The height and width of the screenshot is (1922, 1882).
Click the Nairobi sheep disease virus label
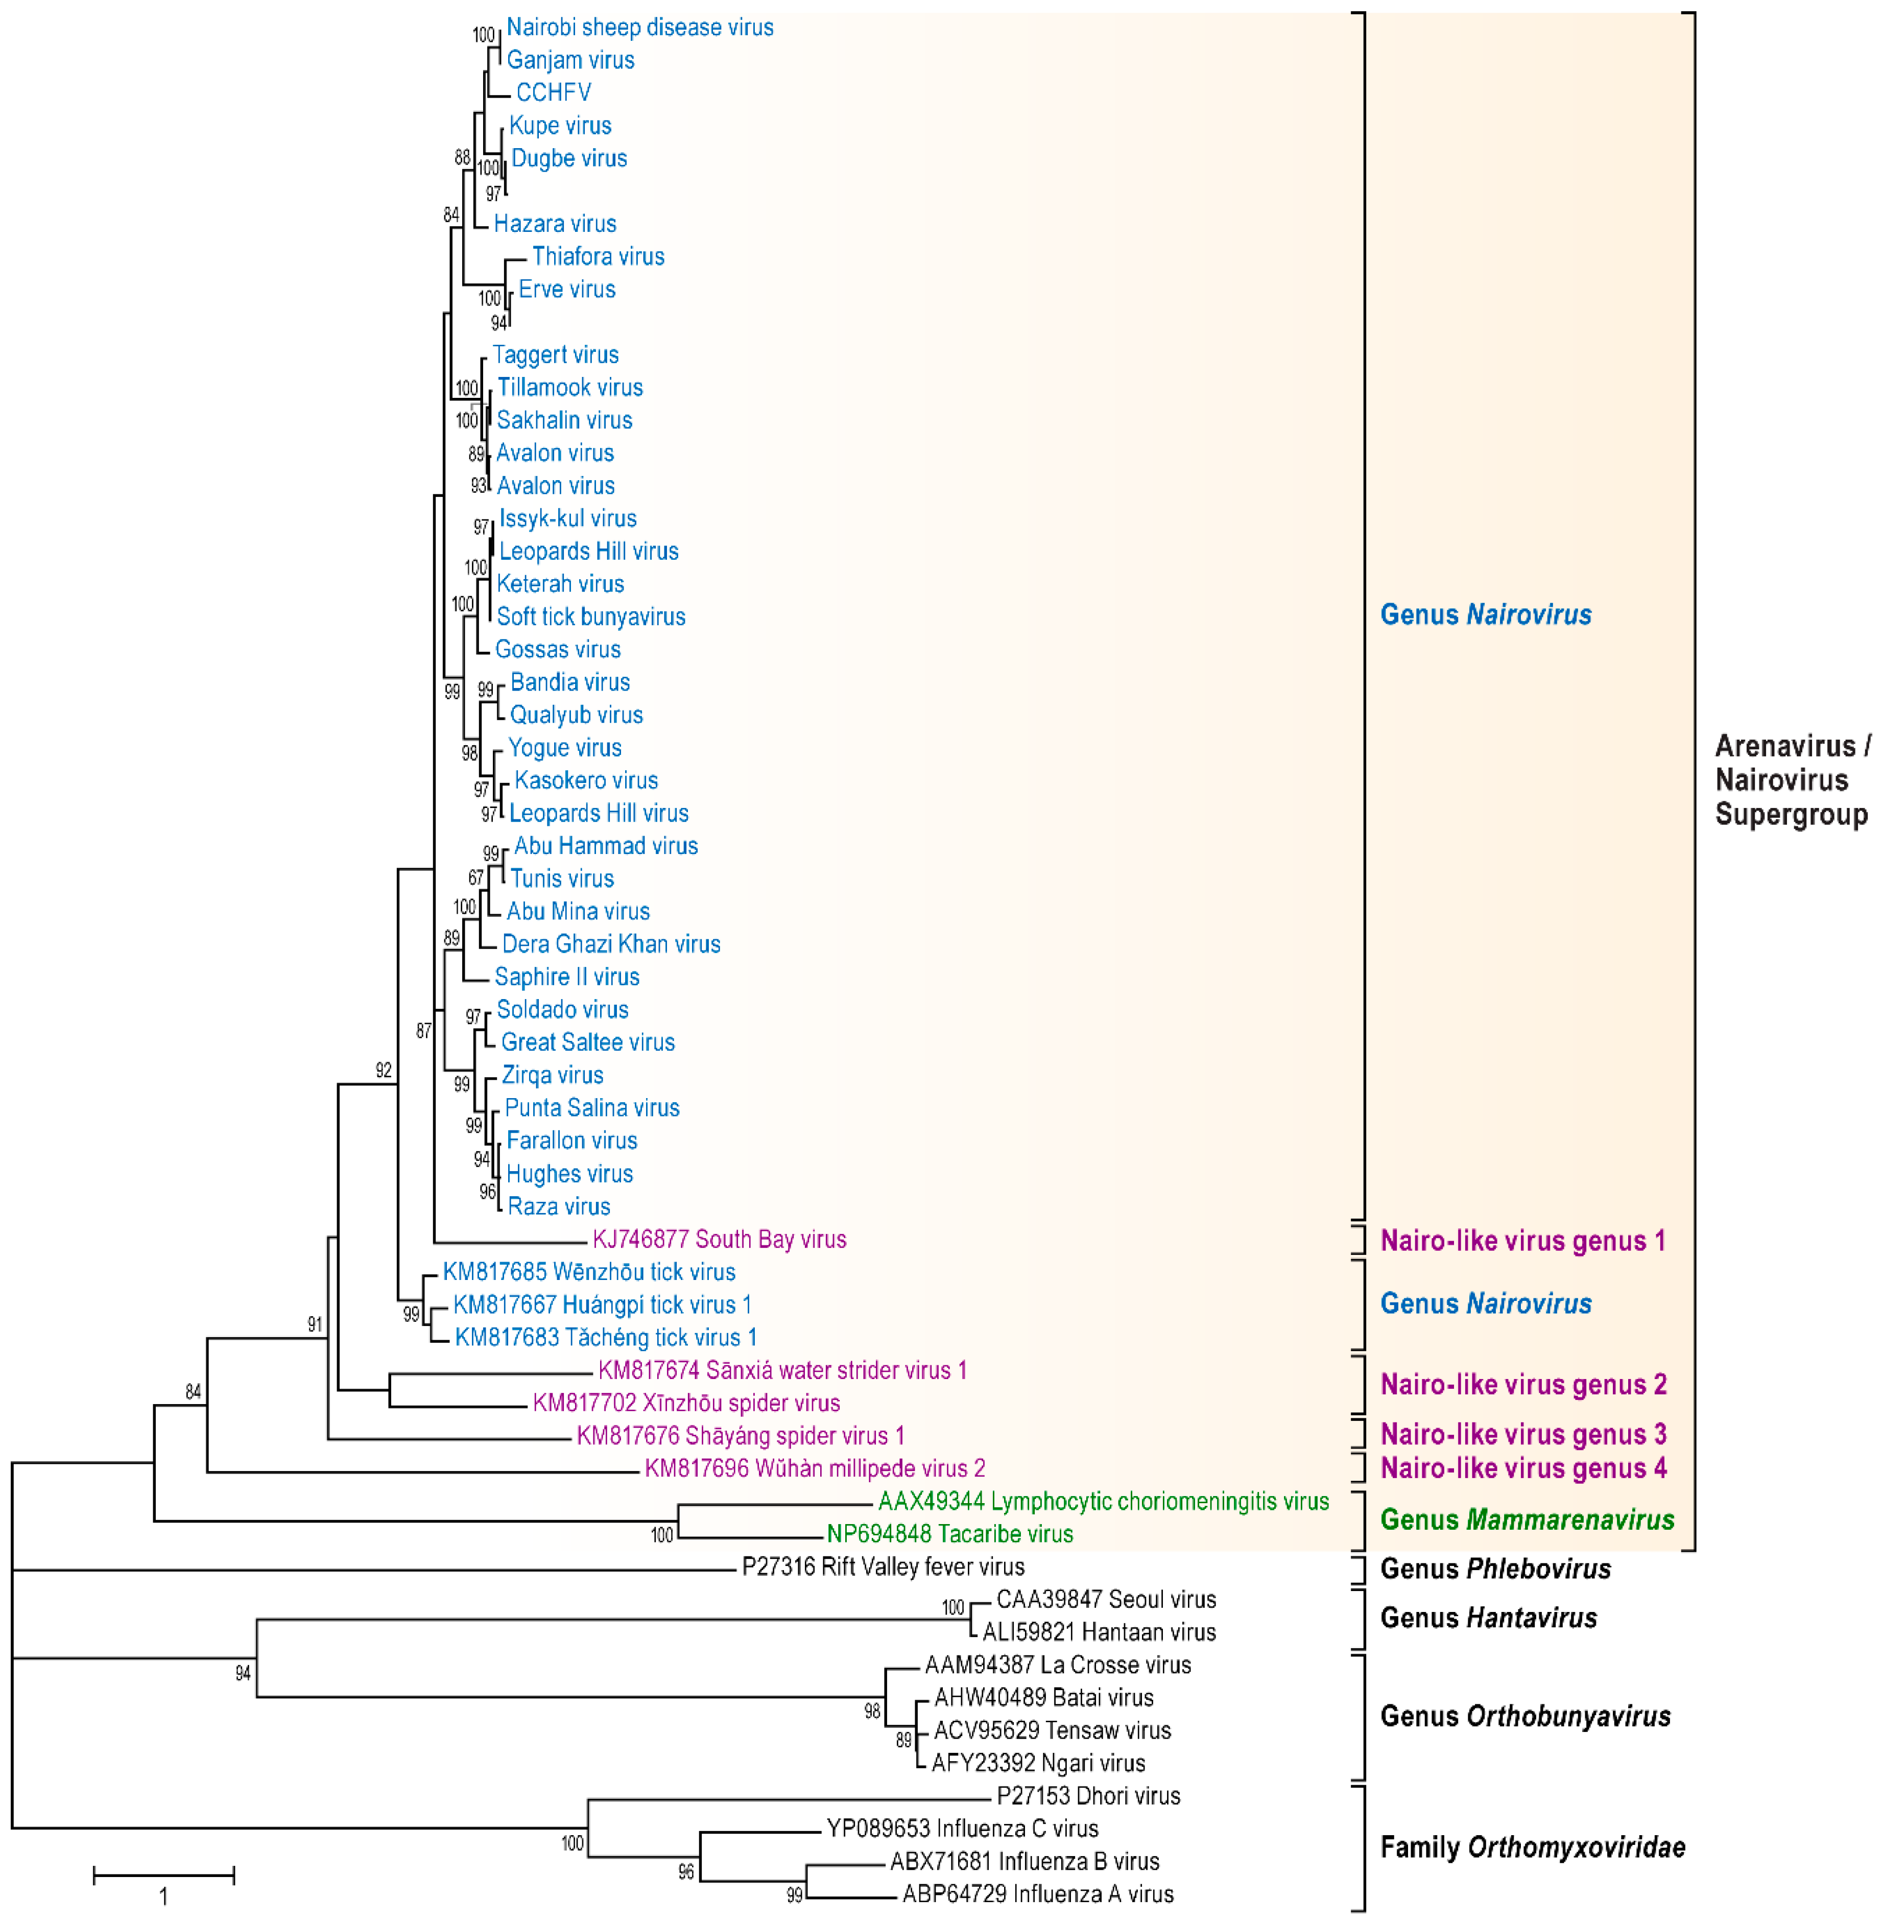639,28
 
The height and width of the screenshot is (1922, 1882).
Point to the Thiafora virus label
598,257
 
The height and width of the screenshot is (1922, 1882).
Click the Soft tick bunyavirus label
590,617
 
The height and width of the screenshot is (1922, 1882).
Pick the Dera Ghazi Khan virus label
611,944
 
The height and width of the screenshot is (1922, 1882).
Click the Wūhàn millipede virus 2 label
815,1469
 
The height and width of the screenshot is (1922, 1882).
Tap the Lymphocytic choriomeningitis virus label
1103,1502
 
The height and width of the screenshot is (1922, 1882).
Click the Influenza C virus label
962,1829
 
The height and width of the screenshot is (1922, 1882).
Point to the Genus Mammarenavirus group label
1527,1520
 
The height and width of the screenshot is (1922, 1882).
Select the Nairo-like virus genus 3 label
1523,1435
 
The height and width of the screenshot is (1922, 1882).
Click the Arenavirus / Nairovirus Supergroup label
1791,780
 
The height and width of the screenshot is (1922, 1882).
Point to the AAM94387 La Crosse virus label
1058,1665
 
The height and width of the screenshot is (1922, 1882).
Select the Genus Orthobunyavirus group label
1525,1716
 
